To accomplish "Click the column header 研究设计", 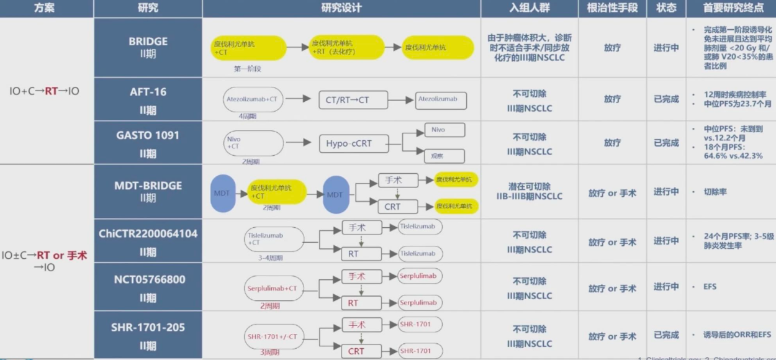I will point(341,8).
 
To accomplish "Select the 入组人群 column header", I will point(529,8).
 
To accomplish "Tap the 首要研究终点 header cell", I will point(730,8).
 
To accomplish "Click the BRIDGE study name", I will point(148,42).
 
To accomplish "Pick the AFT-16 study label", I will point(148,92).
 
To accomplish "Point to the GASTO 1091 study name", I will point(148,135).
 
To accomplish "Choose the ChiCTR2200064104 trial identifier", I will point(148,234).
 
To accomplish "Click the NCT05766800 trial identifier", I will point(148,280).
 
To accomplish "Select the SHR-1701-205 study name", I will point(148,327).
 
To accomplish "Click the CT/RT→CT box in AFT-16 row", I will point(353,99).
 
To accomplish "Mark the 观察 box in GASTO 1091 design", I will point(444,155).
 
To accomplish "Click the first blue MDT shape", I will point(222,193).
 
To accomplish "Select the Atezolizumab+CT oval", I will point(252,99).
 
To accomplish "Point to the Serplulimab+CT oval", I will point(272,289).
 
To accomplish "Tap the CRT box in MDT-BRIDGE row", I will point(392,207).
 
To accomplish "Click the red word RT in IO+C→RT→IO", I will point(51,91).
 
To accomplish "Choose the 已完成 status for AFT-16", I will point(666,99).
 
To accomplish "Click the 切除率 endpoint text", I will point(715,192).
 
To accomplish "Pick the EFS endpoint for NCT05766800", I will point(710,287).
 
